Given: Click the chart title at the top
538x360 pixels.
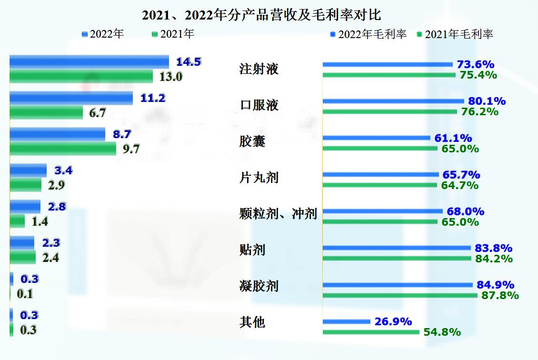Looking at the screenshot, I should (x=262, y=15).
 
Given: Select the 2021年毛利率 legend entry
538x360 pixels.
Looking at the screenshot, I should (x=455, y=34).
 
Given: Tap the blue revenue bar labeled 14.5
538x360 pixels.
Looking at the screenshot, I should (x=89, y=62).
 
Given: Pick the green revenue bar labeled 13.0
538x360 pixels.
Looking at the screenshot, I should (x=81, y=76).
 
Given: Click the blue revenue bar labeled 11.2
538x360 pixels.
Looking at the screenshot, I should (x=71, y=98).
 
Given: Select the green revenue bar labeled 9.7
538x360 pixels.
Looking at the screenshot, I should (x=63, y=149).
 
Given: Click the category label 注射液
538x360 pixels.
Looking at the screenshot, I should (x=259, y=69).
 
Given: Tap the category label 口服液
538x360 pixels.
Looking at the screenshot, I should (x=259, y=105).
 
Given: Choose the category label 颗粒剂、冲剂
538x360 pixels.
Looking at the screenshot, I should (x=278, y=214).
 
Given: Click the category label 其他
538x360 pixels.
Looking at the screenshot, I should (x=252, y=322).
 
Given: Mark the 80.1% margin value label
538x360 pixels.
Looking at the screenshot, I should (x=487, y=101).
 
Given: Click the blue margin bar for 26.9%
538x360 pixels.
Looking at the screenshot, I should (x=346, y=322).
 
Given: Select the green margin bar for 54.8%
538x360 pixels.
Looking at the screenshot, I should (x=371, y=332).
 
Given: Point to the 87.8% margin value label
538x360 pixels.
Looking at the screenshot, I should (x=499, y=295).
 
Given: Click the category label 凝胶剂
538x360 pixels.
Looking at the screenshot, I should (x=259, y=286).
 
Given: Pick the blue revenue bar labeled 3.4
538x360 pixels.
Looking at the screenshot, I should (x=28, y=170).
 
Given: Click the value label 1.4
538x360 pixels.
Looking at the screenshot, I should (x=40, y=221).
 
